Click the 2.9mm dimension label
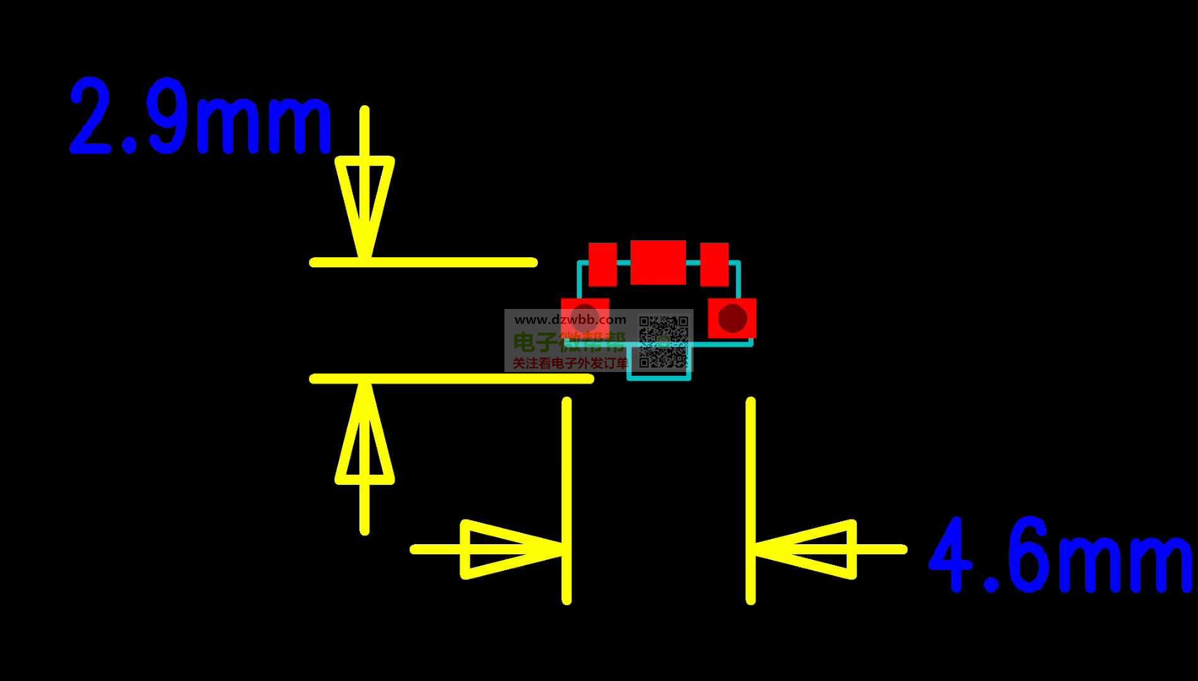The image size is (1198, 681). (x=201, y=116)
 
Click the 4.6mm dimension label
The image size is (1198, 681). (x=1061, y=555)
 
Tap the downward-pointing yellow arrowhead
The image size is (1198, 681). (x=364, y=208)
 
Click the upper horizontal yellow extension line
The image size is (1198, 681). (x=423, y=262)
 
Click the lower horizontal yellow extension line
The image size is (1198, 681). (x=451, y=378)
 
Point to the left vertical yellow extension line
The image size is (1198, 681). (x=567, y=501)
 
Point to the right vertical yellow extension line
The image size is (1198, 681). (x=750, y=501)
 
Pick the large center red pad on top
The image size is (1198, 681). (x=658, y=262)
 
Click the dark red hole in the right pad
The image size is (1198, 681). (x=732, y=318)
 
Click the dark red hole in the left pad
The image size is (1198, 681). (x=585, y=318)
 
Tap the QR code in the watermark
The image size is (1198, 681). (x=663, y=342)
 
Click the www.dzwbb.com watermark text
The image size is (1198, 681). (x=571, y=320)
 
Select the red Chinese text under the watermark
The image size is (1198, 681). (x=570, y=363)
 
